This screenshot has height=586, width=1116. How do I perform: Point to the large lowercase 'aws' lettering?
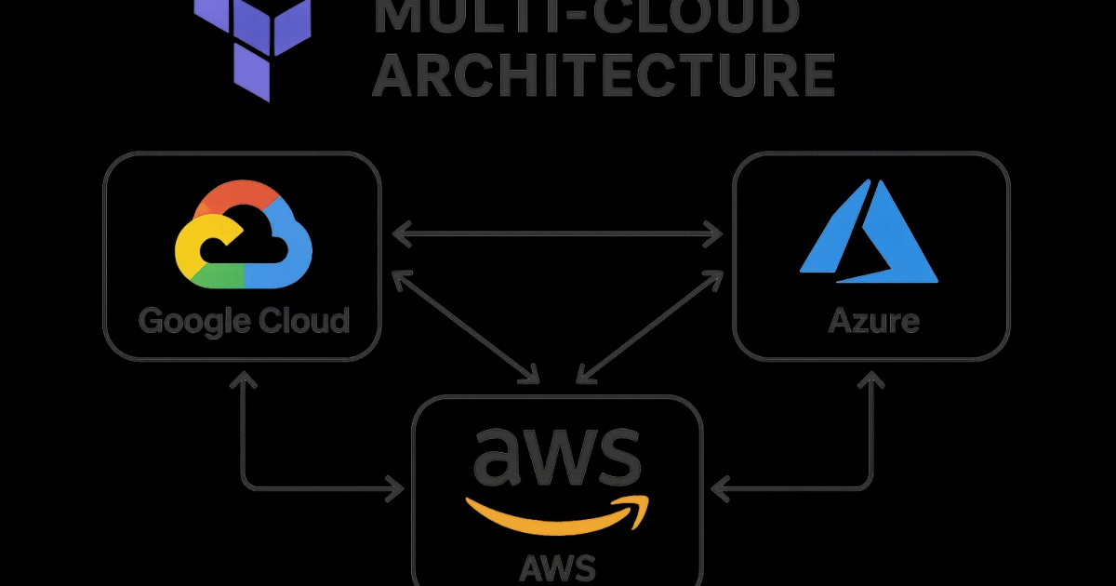557,458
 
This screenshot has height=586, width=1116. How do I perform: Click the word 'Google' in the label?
193,321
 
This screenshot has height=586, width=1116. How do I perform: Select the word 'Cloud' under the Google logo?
303,321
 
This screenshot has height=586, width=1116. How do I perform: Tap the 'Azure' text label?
873,322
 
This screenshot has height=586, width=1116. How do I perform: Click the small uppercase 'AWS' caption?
558,565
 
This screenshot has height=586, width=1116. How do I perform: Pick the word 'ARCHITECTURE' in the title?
603,76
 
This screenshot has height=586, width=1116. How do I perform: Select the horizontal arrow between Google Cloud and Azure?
557,234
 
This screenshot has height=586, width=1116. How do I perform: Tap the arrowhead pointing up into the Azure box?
871,379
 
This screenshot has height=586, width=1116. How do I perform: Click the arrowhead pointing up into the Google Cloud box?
243,379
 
